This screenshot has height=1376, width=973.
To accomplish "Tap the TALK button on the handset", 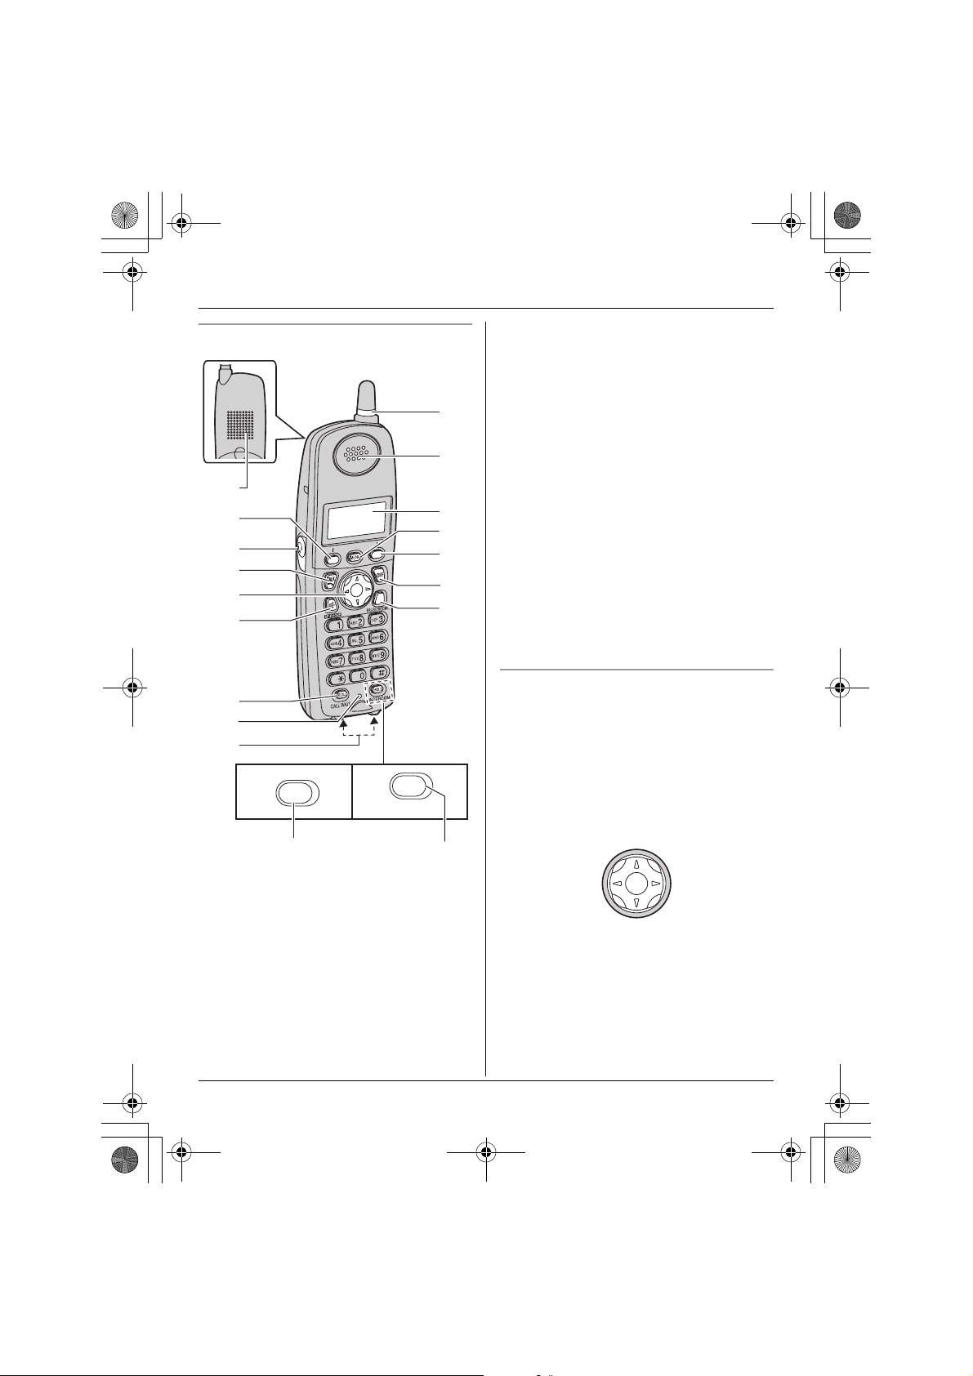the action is [330, 581].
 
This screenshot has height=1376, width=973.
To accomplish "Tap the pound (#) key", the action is [379, 673].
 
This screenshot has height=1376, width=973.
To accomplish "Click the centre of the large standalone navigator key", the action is [636, 884].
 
